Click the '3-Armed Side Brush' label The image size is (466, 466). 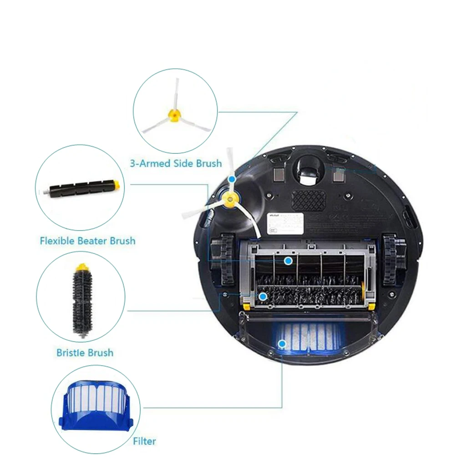tap(176, 163)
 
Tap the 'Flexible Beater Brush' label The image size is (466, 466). tap(87, 240)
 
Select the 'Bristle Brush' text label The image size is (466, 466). tap(85, 352)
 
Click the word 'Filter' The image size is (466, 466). tap(144, 441)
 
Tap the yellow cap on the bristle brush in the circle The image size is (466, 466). tap(82, 267)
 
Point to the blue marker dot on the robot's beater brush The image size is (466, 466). tap(288, 261)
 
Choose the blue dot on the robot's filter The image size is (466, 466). tap(282, 344)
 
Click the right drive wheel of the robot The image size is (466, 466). tap(390, 259)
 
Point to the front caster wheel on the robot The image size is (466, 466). tap(309, 172)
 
